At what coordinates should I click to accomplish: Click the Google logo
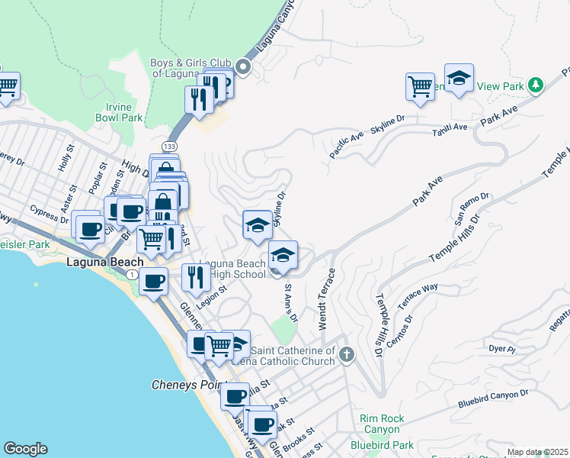(x=25, y=449)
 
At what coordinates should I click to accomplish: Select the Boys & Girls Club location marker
(x=244, y=67)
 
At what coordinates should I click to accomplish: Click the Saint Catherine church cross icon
(x=347, y=354)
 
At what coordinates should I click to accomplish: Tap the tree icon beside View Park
(x=536, y=85)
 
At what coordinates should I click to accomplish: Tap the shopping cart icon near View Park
(x=420, y=86)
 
